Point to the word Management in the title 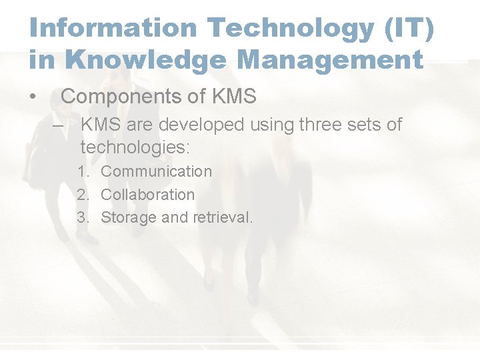330,59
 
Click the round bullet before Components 33,97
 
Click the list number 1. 83,172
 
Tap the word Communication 156,171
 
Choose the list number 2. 83,195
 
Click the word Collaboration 147,195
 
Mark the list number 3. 83,217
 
